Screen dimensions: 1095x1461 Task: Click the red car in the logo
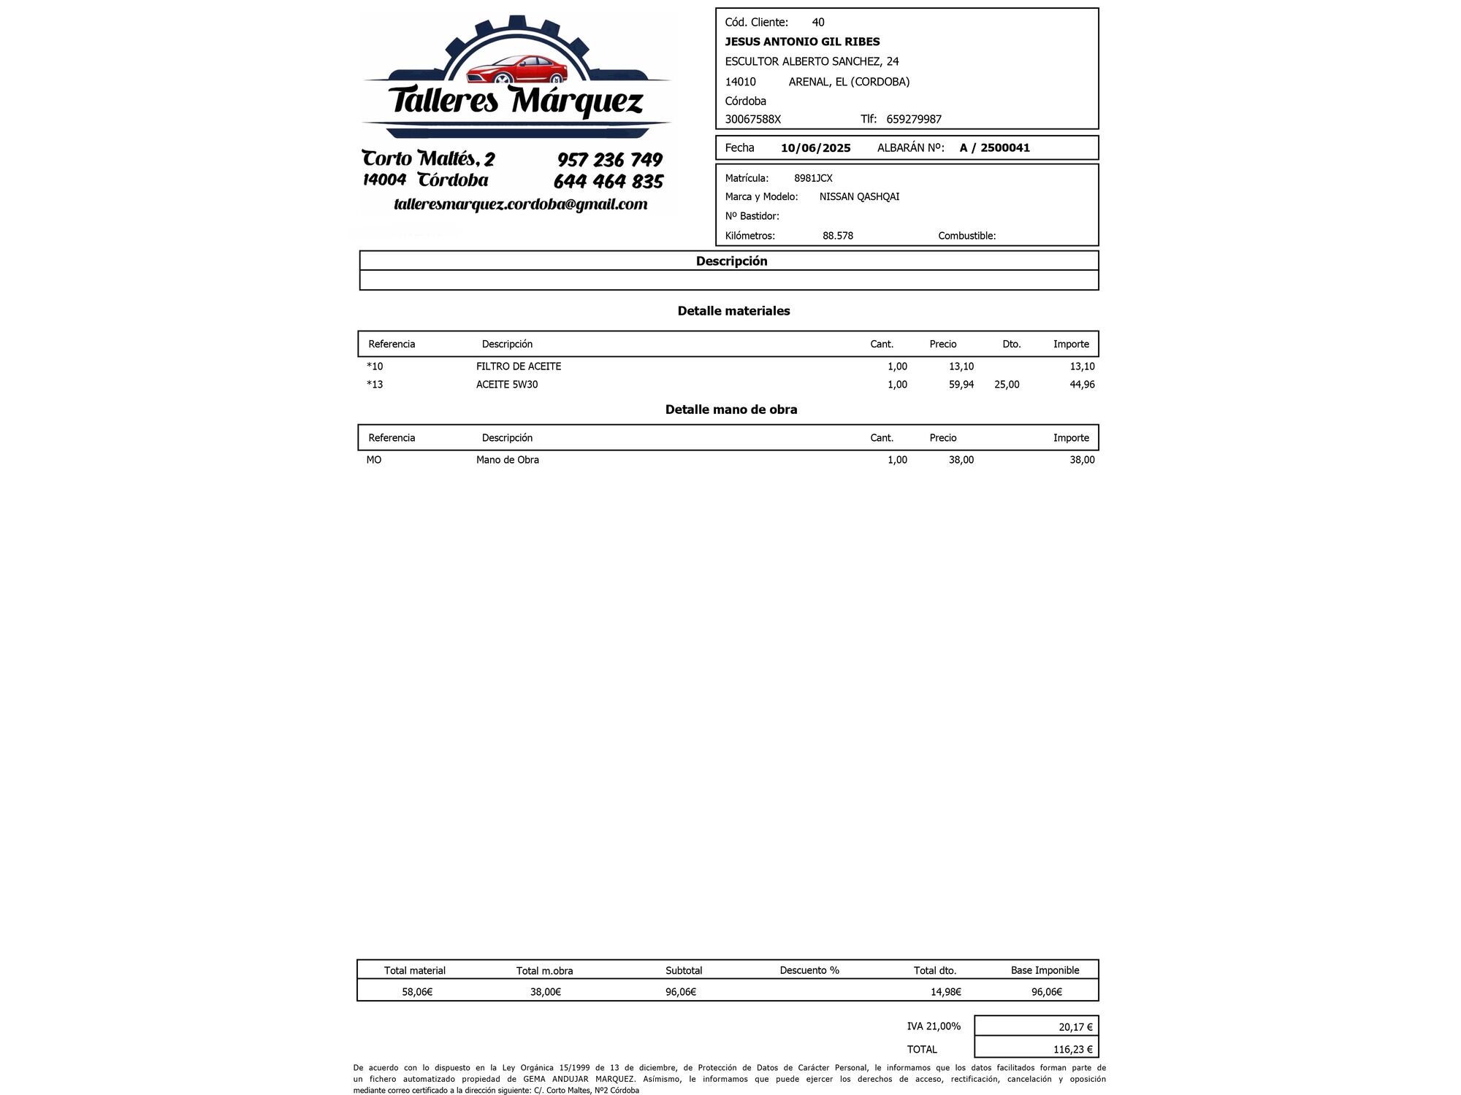tap(517, 70)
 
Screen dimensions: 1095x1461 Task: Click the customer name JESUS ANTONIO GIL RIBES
tap(802, 42)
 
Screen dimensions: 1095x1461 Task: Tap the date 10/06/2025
tap(815, 148)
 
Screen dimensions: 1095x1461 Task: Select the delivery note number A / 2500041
tap(994, 148)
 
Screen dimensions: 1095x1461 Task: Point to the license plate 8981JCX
tap(813, 178)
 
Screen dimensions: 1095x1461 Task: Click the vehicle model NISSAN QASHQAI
tap(859, 197)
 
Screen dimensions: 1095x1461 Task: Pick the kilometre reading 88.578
tap(837, 236)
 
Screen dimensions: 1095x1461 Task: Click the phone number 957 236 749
tap(609, 160)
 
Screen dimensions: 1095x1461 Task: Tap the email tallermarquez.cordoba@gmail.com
tap(520, 204)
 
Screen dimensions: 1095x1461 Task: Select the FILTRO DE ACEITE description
tap(519, 366)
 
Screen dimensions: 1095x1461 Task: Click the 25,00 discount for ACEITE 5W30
tap(1007, 385)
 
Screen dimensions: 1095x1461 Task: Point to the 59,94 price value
tap(961, 385)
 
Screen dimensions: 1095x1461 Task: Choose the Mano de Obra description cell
tap(508, 460)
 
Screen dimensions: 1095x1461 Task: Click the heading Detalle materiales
tap(733, 311)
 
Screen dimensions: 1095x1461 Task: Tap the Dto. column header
tap(1011, 345)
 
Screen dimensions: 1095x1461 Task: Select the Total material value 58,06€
tap(417, 992)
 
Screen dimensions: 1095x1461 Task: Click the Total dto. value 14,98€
tap(945, 992)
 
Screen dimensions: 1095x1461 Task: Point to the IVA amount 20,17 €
tap(1075, 1027)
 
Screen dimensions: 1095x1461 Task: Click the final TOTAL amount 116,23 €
tap(1072, 1050)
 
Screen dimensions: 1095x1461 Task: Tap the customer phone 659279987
tap(913, 119)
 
